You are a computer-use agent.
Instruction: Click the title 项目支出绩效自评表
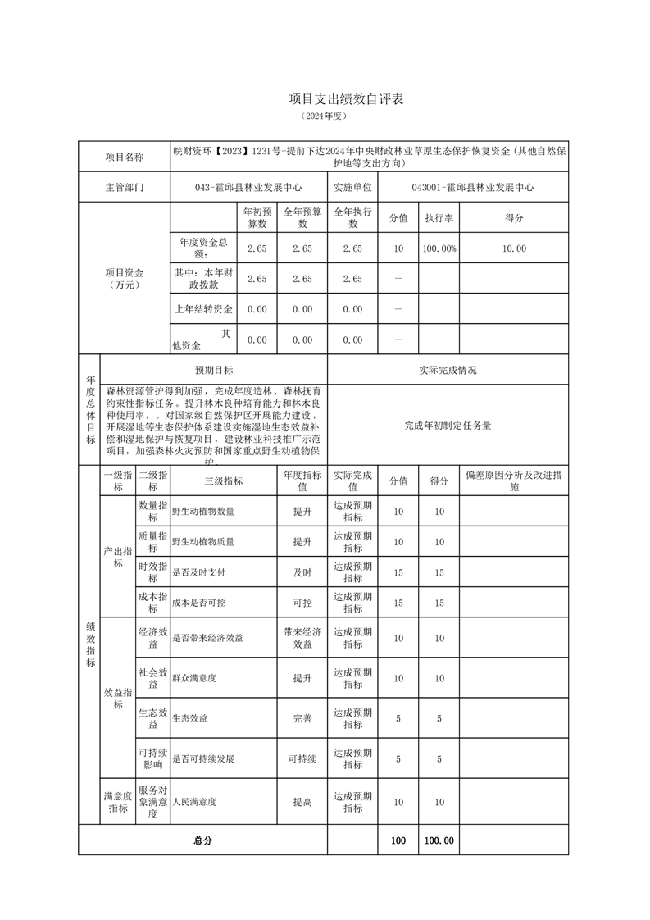pyautogui.click(x=345, y=98)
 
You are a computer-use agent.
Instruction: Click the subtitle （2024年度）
pyautogui.click(x=325, y=116)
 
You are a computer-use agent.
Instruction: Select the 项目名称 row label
pyautogui.click(x=124, y=157)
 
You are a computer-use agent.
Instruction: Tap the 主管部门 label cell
pyautogui.click(x=124, y=187)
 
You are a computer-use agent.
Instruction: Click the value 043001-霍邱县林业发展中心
pyautogui.click(x=472, y=187)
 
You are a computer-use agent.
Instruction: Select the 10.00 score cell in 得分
pyautogui.click(x=514, y=248)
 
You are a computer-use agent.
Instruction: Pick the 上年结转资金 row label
pyautogui.click(x=203, y=309)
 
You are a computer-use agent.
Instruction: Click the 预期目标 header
pyautogui.click(x=213, y=370)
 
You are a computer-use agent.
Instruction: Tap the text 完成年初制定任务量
pyautogui.click(x=448, y=426)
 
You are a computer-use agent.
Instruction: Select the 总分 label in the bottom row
pyautogui.click(x=202, y=840)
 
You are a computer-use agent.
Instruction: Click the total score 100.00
pyautogui.click(x=439, y=840)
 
